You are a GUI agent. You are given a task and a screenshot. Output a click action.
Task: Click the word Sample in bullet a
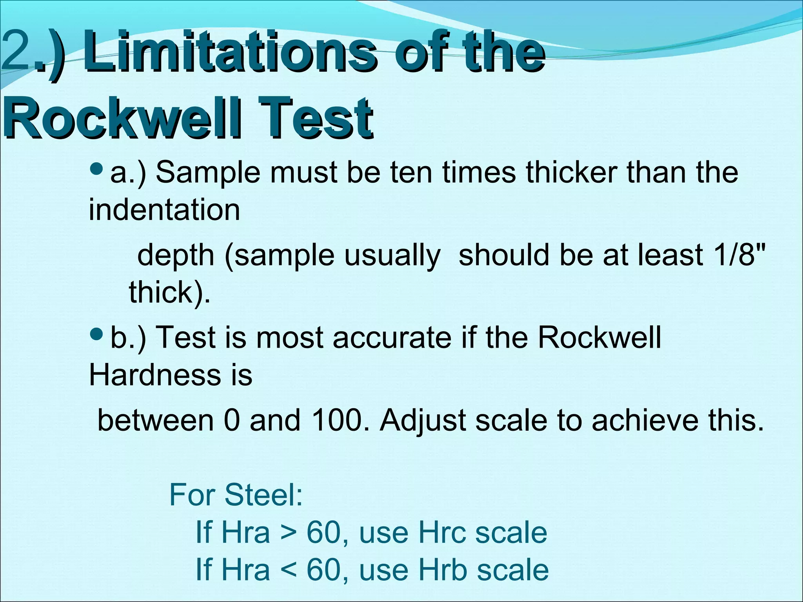click(208, 172)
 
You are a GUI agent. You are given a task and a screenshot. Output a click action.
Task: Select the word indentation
click(164, 210)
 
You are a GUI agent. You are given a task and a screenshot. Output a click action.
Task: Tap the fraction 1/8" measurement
click(738, 255)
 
